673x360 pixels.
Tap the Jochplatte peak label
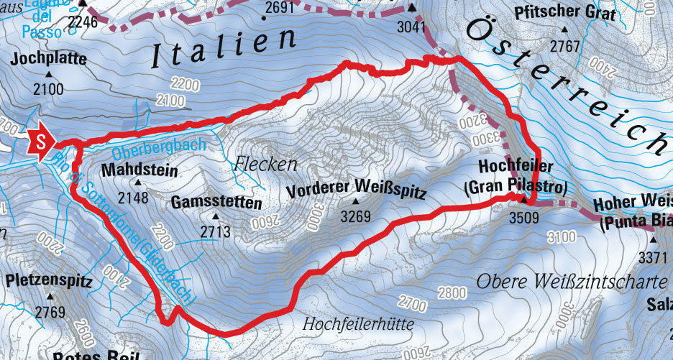pyautogui.click(x=49, y=59)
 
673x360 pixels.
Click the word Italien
pyautogui.click(x=224, y=49)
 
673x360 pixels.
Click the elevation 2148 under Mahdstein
pyautogui.click(x=138, y=197)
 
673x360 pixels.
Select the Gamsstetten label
pyautogui.click(x=216, y=203)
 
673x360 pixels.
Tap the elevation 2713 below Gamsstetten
pyautogui.click(x=215, y=231)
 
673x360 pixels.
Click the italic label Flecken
pyautogui.click(x=265, y=165)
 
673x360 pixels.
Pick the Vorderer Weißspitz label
pyautogui.click(x=357, y=192)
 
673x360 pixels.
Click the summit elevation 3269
pyautogui.click(x=357, y=216)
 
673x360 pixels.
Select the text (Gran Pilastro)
pyautogui.click(x=516, y=188)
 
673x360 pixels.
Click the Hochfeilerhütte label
pyautogui.click(x=358, y=324)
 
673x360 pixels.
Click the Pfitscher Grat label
pyautogui.click(x=564, y=14)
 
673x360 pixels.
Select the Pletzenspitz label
pyautogui.click(x=50, y=281)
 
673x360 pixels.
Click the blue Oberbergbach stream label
pyautogui.click(x=159, y=149)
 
